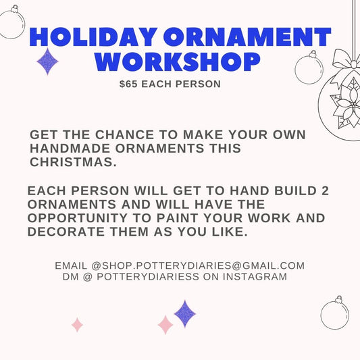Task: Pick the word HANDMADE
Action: point(74,149)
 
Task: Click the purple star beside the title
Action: point(47,61)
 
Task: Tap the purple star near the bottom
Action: point(185,313)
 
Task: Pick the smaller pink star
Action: point(77,325)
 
